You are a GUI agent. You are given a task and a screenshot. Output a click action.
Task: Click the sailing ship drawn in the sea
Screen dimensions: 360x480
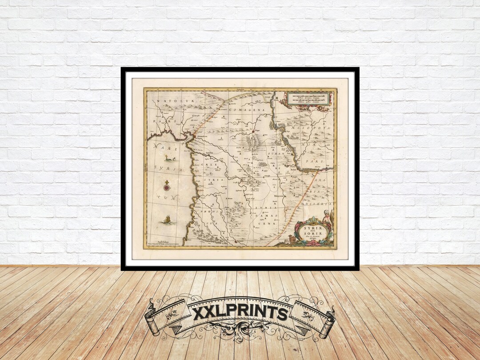coord(168,219)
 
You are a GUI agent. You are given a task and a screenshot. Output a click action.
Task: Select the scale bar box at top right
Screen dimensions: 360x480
coord(308,98)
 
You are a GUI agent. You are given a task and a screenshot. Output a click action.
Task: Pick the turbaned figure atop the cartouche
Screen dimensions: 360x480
coord(328,216)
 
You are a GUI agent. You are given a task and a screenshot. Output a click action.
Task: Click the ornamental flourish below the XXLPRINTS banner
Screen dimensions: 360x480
coord(240,331)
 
